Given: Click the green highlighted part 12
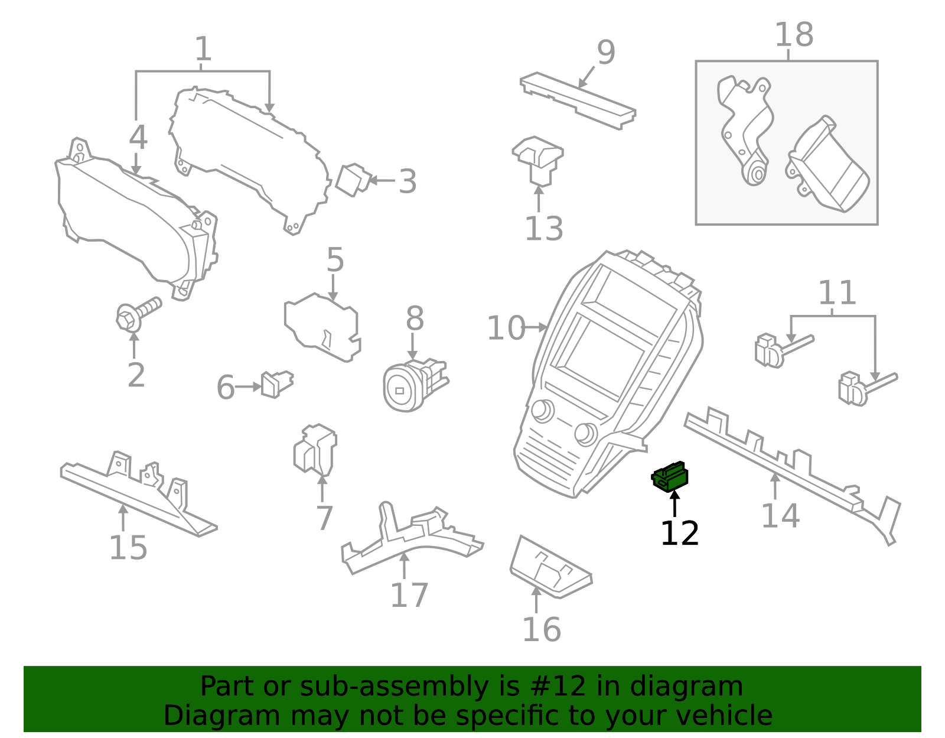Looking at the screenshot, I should pyautogui.click(x=670, y=477).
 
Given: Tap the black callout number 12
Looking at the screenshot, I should pyautogui.click(x=679, y=534).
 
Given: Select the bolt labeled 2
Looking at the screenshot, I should pyautogui.click(x=138, y=313).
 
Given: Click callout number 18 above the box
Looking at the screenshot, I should pyautogui.click(x=793, y=35).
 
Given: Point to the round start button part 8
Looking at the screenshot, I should pyautogui.click(x=405, y=388).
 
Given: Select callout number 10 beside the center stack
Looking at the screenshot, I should pyautogui.click(x=506, y=328).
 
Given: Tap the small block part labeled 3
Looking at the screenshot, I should pyautogui.click(x=353, y=179).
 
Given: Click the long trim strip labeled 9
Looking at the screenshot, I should pyautogui.click(x=578, y=100).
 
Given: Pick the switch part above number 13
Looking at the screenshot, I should pyautogui.click(x=538, y=160).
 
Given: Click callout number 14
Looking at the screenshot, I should pyautogui.click(x=780, y=516).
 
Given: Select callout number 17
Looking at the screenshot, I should pyautogui.click(x=409, y=595).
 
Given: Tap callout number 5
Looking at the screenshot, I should pyautogui.click(x=335, y=260).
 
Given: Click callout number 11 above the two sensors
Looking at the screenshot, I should pyautogui.click(x=837, y=294).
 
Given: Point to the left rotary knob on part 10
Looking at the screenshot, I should pyautogui.click(x=542, y=411).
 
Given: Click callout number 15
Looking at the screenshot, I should pyautogui.click(x=128, y=548).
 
